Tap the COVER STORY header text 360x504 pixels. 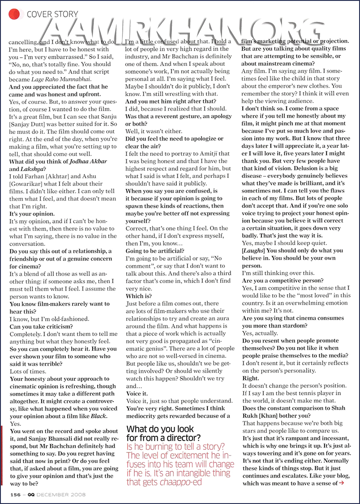[52, 14]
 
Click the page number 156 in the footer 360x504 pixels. [16, 495]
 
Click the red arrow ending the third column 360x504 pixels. [342, 482]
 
